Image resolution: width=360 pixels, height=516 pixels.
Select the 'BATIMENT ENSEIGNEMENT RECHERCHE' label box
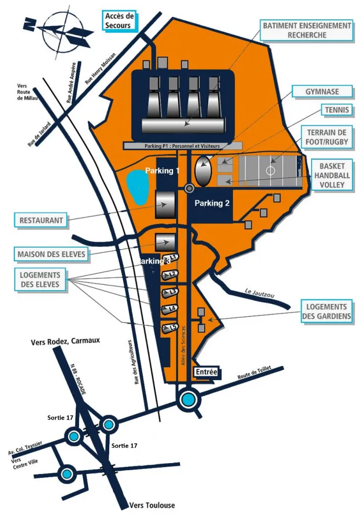pyautogui.click(x=307, y=30)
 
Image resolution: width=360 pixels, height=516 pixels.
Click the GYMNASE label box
pyautogui.click(x=322, y=91)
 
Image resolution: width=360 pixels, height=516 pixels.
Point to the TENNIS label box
pyautogui.click(x=336, y=110)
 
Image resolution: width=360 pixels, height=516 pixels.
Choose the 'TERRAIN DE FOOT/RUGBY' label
pyautogui.click(x=327, y=137)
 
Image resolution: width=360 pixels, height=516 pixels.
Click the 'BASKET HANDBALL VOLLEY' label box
pyautogui.click(x=334, y=175)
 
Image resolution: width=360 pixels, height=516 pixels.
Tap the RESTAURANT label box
pyautogui.click(x=41, y=220)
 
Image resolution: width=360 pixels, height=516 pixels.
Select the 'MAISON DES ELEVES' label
pyautogui.click(x=52, y=255)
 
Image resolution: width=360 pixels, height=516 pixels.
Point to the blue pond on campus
pyautogui.click(x=137, y=187)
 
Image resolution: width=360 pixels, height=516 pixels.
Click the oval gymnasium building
pyautogui.click(x=203, y=171)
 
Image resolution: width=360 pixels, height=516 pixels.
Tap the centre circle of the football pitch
pyautogui.click(x=270, y=171)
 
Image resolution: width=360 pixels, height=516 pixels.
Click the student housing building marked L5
pyautogui.click(x=169, y=328)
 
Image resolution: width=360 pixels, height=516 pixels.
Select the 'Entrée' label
pyautogui.click(x=207, y=372)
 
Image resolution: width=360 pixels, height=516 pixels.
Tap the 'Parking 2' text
pyautogui.click(x=212, y=203)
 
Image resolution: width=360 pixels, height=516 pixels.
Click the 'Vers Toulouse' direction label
pyautogui.click(x=151, y=506)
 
